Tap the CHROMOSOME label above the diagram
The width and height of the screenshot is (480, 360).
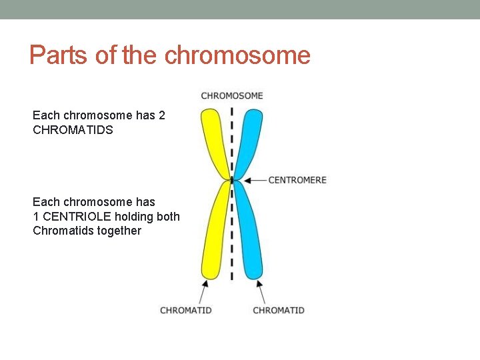[x=232, y=95]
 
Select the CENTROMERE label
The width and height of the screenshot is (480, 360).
[x=297, y=180]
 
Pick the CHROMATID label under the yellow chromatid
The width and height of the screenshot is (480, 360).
[x=186, y=310]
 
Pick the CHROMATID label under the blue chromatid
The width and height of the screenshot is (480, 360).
[x=279, y=310]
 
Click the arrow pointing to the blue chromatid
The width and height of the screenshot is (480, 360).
[x=261, y=291]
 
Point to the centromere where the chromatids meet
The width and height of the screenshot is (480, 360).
[x=231, y=180]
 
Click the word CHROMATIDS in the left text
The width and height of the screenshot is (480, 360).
[x=73, y=130]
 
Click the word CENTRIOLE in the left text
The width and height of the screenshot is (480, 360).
[x=75, y=216]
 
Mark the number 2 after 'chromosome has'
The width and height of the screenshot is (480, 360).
[x=162, y=115]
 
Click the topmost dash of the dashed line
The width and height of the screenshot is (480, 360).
[x=231, y=111]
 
